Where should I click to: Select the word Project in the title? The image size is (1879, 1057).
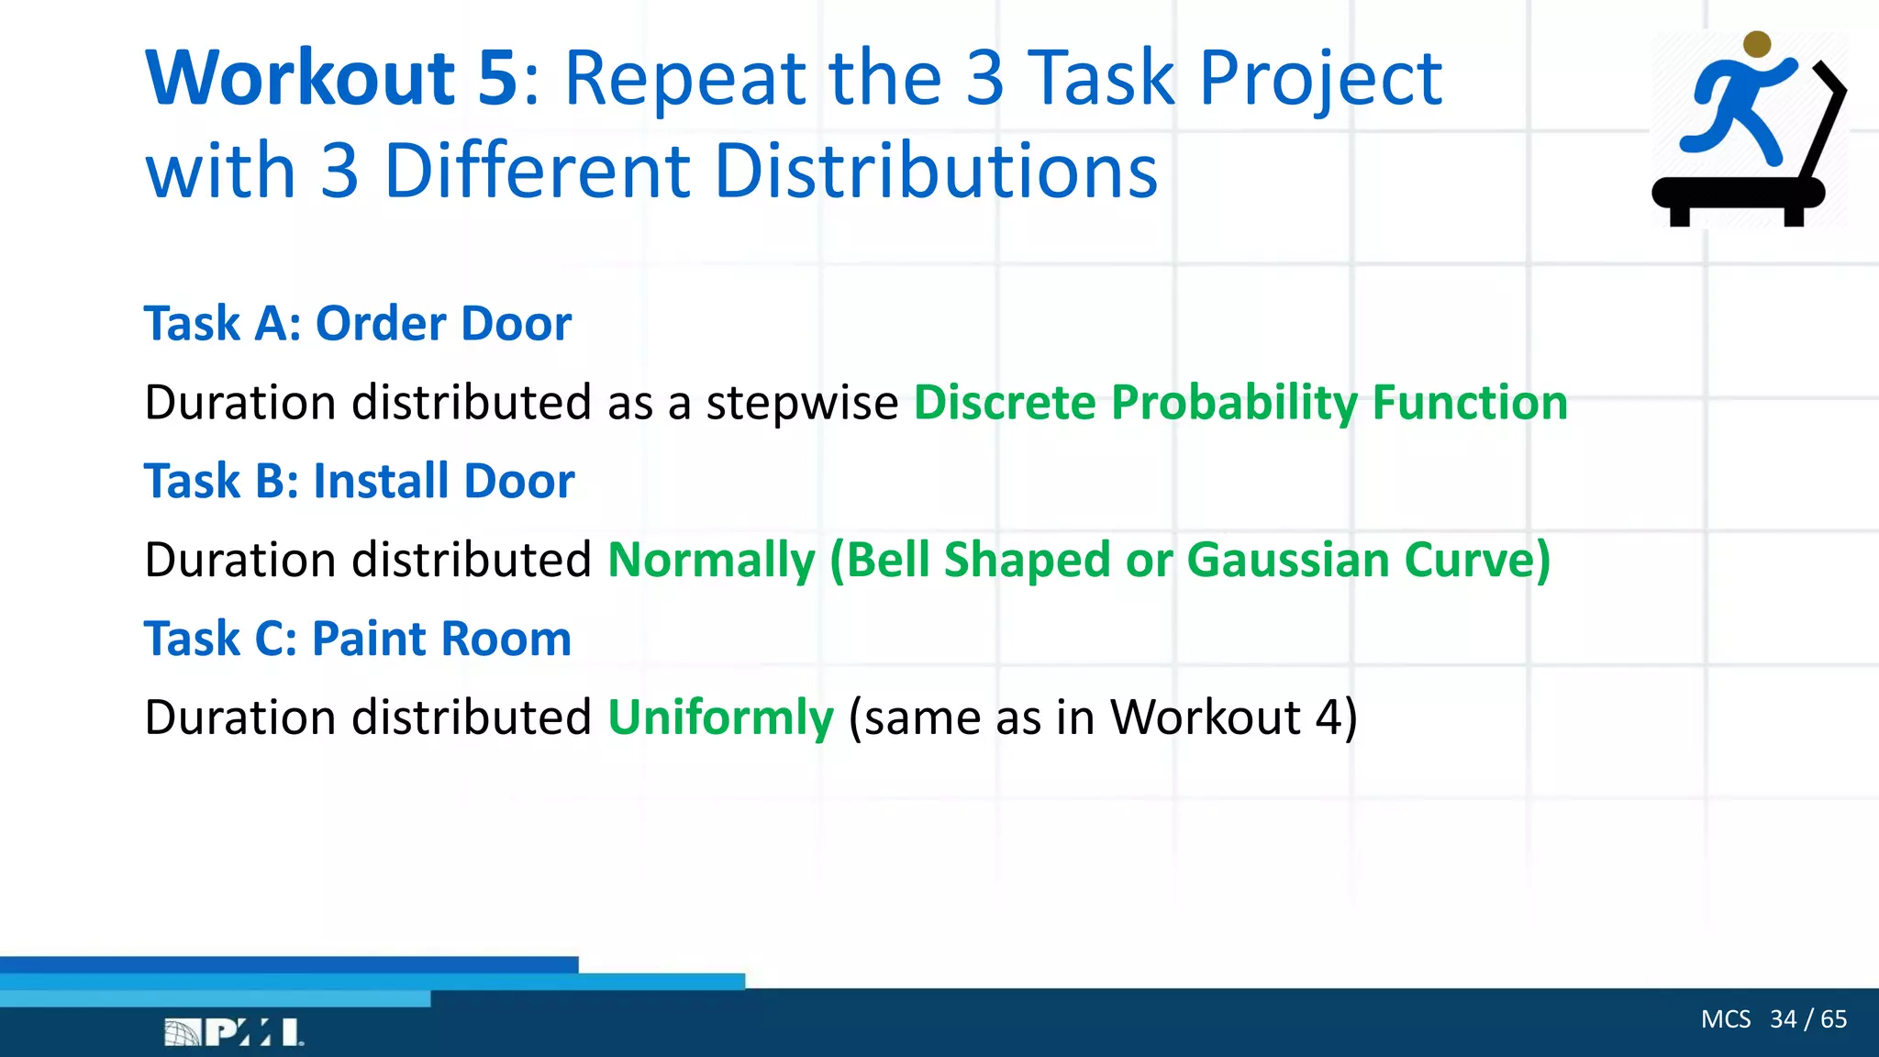(x=1321, y=81)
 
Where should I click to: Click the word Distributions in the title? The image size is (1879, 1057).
(x=936, y=172)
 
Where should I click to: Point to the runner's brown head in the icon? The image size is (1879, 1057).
(x=1756, y=44)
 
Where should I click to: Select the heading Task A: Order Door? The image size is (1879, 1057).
(x=358, y=324)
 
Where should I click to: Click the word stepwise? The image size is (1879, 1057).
(x=802, y=404)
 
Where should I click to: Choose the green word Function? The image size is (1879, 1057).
(x=1470, y=403)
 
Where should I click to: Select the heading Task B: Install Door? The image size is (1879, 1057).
(x=360, y=482)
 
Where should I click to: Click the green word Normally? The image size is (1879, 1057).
(x=711, y=561)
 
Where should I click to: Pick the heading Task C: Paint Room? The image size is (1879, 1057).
(x=358, y=639)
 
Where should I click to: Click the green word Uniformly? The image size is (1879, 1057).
(x=720, y=718)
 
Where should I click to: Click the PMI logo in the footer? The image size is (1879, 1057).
(x=234, y=1032)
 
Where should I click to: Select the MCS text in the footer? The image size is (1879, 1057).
(x=1725, y=1019)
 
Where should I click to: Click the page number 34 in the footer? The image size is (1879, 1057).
(x=1783, y=1019)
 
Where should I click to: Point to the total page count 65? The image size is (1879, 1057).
(x=1833, y=1019)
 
